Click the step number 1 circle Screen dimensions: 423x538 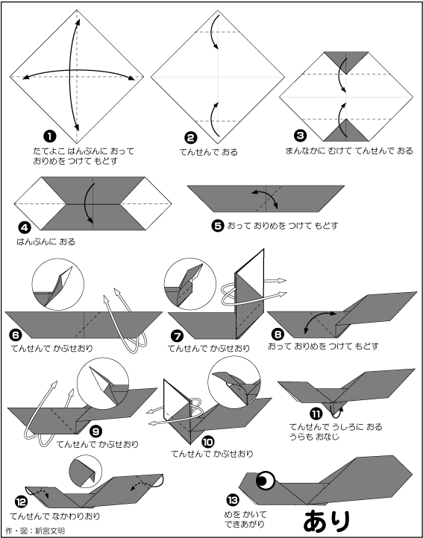point(50,136)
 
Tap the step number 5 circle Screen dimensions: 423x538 point(218,226)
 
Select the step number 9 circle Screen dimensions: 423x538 point(95,431)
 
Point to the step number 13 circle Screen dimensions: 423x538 point(233,500)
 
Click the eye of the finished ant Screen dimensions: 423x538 point(266,481)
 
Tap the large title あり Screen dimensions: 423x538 point(327,521)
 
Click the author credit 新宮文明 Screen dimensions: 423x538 point(50,531)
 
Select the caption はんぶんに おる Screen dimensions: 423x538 point(46,242)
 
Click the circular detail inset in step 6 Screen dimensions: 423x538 point(57,285)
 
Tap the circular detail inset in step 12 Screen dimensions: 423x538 point(86,472)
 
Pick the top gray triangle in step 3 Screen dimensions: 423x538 point(346,61)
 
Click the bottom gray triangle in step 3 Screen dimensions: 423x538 point(346,130)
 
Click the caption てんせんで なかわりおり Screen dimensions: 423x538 point(55,516)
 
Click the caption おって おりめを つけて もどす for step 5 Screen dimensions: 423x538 point(283,226)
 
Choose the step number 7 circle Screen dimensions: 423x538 point(178,337)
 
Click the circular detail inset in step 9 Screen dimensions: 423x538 point(103,384)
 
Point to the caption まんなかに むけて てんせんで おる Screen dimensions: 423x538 point(349,151)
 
